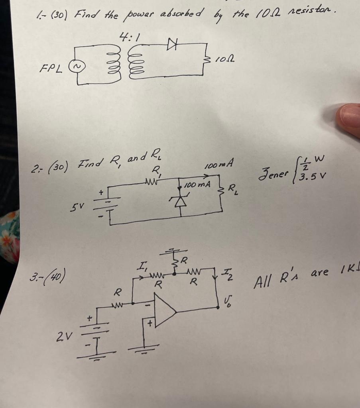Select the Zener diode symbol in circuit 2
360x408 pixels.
tap(181, 201)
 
